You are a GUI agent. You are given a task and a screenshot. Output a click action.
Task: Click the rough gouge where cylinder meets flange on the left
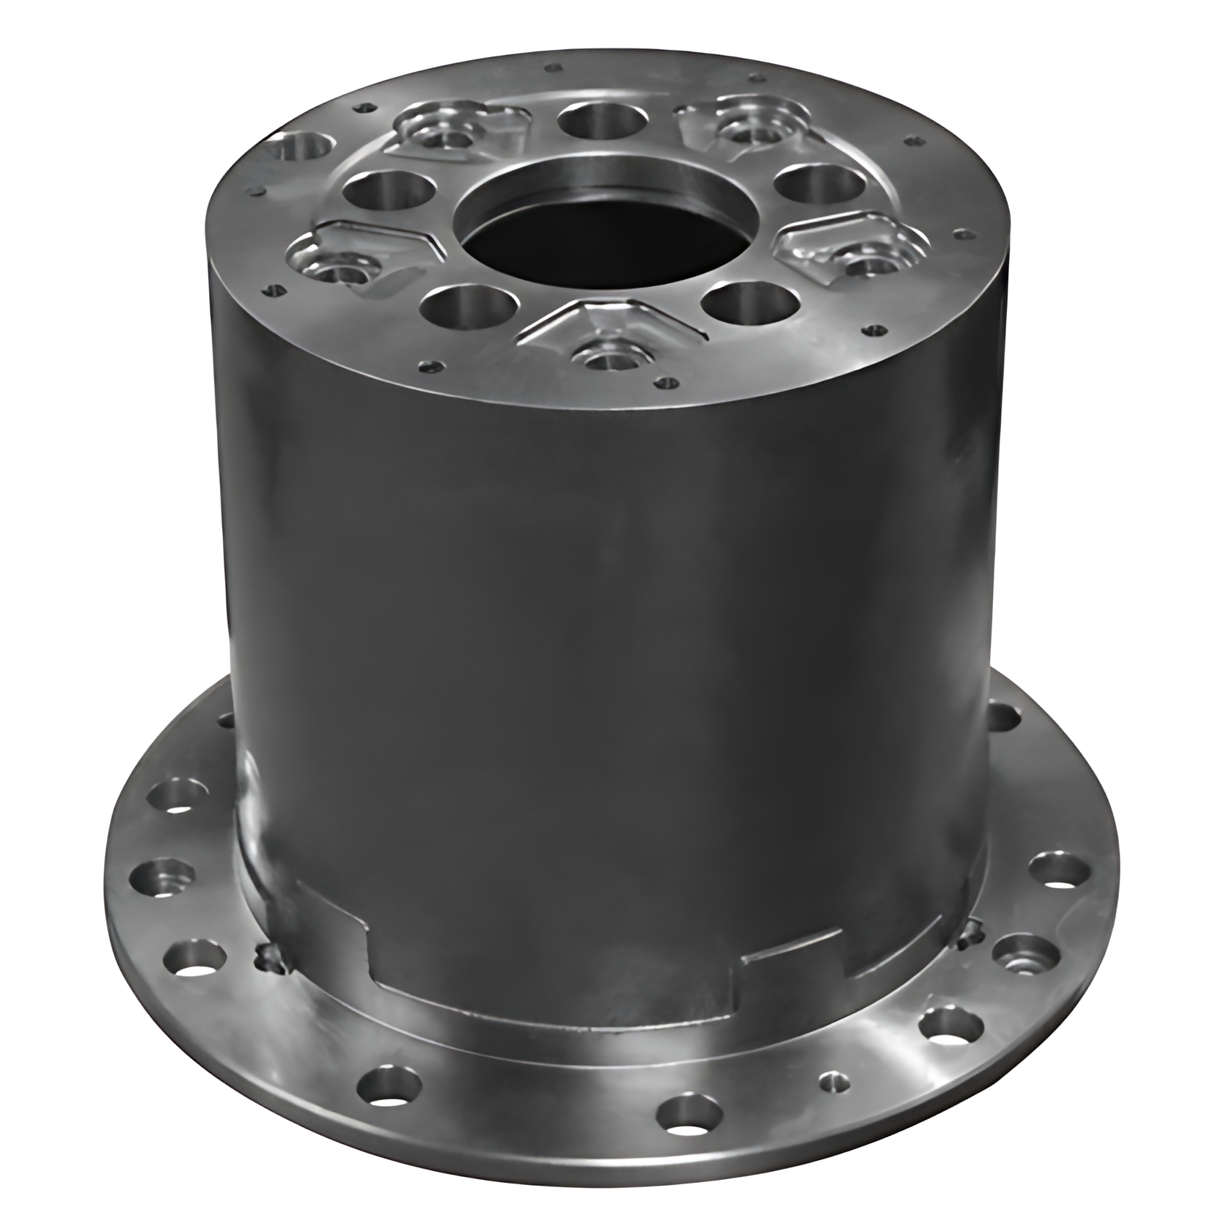[x=270, y=957]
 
